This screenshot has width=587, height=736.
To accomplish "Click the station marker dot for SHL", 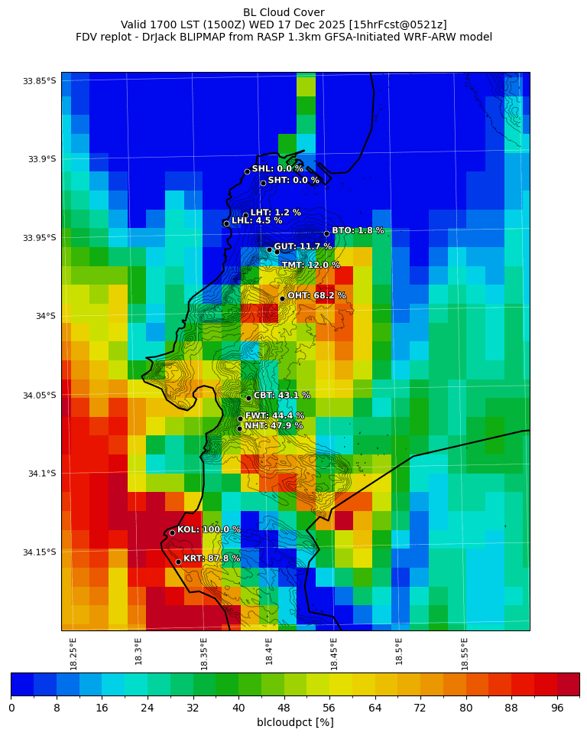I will [247, 171].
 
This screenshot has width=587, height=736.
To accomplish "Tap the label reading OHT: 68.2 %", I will [316, 295].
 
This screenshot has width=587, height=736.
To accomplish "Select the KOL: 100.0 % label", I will [209, 529].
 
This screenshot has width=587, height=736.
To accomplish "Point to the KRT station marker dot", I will [178, 562].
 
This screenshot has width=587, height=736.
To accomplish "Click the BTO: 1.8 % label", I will [358, 230].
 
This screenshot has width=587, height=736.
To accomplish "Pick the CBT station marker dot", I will [248, 398].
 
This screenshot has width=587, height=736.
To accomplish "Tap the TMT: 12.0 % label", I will [310, 265].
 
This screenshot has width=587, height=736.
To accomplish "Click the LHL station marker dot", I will [226, 223].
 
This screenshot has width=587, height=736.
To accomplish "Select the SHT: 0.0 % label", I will [293, 181].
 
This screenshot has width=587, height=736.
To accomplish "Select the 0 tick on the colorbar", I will [11, 708].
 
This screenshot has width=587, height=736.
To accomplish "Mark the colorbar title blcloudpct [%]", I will [295, 722].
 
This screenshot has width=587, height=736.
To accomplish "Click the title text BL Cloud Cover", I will [284, 12].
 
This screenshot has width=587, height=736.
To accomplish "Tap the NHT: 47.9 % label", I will [274, 425].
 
